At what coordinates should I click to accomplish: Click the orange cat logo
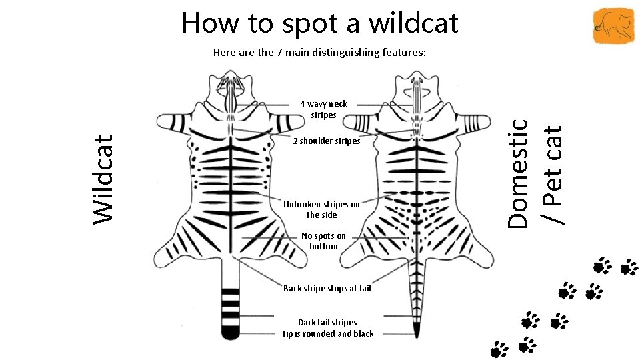pos(613,25)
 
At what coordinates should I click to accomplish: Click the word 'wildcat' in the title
pos(413,23)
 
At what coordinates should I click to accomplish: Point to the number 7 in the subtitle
pos(279,52)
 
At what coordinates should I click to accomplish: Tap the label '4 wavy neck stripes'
pos(323,109)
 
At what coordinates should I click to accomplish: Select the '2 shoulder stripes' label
pos(327,141)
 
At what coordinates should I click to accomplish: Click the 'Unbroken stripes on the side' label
pos(321,209)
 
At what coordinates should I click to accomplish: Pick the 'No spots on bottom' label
pos(323,241)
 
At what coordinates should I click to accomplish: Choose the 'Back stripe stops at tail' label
pos(327,288)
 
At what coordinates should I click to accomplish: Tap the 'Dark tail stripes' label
pos(327,322)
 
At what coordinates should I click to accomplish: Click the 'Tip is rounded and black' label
pos(327,333)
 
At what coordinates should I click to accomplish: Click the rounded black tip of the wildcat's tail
pos(230,333)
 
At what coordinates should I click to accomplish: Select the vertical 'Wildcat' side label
pos(103,179)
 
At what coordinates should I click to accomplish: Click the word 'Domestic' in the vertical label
pos(517,173)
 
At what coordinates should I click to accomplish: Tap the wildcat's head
pos(231,89)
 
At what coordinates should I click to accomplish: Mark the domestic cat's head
pos(417,89)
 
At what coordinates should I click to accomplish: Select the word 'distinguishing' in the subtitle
pos(340,53)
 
